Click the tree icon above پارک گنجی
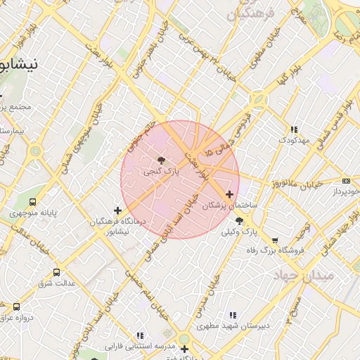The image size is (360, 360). [161, 160]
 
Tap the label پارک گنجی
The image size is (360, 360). [162, 170]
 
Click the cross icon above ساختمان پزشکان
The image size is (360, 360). [229, 194]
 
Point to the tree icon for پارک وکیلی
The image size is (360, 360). [239, 221]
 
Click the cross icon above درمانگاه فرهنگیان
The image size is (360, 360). [117, 210]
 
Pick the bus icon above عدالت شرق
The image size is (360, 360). [56, 272]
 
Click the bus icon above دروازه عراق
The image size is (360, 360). [17, 307]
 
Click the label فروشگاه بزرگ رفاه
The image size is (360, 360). [274, 250]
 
